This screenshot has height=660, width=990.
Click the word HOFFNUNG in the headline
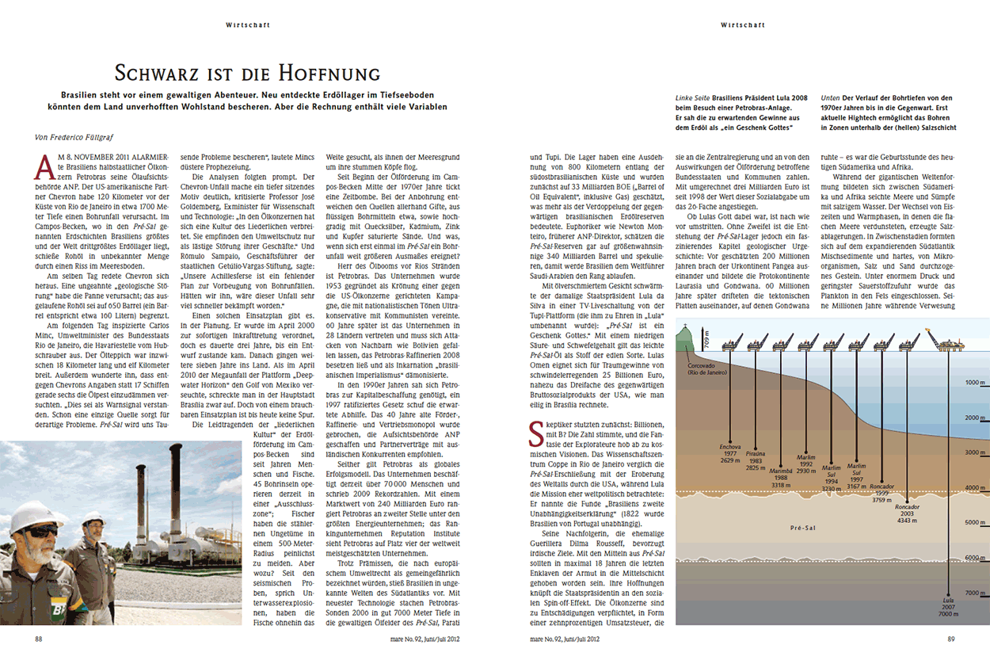pos(326,74)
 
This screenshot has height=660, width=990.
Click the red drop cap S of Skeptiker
pos(535,431)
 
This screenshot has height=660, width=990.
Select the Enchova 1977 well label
pos(731,448)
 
